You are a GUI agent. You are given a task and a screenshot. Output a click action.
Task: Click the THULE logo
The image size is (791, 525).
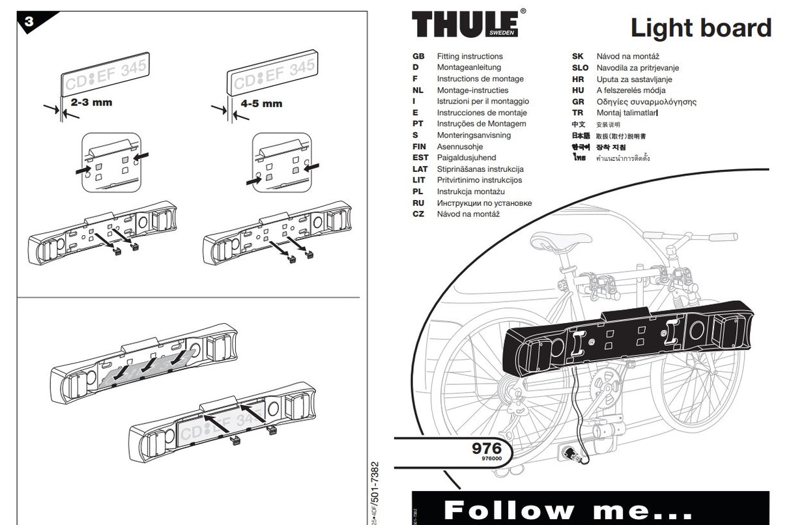tap(468, 24)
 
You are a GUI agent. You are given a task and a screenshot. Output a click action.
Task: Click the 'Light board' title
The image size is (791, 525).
tap(700, 28)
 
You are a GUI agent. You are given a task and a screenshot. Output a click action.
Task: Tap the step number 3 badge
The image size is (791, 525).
tap(30, 22)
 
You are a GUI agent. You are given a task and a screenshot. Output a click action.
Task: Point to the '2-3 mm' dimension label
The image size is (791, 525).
tap(91, 102)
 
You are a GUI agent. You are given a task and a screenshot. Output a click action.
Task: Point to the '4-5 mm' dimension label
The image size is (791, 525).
tap(261, 103)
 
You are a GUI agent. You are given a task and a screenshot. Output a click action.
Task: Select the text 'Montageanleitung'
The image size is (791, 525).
tap(468, 68)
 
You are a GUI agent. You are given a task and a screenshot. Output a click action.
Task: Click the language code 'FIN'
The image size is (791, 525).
tap(420, 147)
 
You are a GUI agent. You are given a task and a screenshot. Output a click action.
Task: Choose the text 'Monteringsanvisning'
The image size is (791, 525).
tap(474, 135)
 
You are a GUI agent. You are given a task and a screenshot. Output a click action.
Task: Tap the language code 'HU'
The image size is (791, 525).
tap(578, 91)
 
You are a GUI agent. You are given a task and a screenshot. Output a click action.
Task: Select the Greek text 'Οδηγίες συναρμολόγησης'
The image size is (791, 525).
tap(646, 102)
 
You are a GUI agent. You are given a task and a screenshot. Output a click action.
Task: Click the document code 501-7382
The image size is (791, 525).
tap(374, 489)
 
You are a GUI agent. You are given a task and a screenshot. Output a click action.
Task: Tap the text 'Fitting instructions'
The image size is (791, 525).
tap(470, 57)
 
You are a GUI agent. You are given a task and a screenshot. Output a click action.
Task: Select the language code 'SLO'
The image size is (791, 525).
tap(580, 68)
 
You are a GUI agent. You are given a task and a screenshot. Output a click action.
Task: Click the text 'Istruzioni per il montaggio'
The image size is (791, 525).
tap(483, 102)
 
